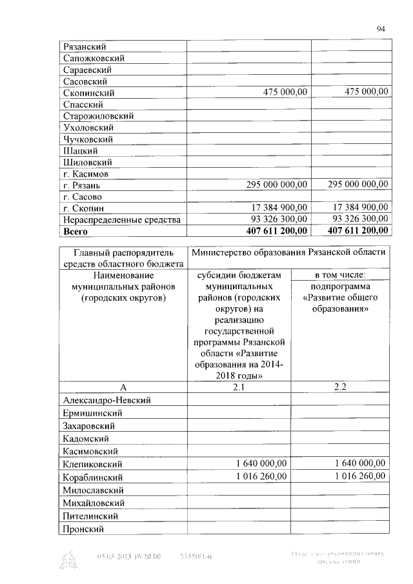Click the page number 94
point(380,28)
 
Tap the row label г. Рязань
point(80,185)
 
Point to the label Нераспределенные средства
point(119,220)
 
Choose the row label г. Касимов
point(85,174)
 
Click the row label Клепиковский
point(92,464)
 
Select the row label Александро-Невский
point(106,401)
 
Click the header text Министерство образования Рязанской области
point(288,252)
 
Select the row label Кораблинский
point(93,477)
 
